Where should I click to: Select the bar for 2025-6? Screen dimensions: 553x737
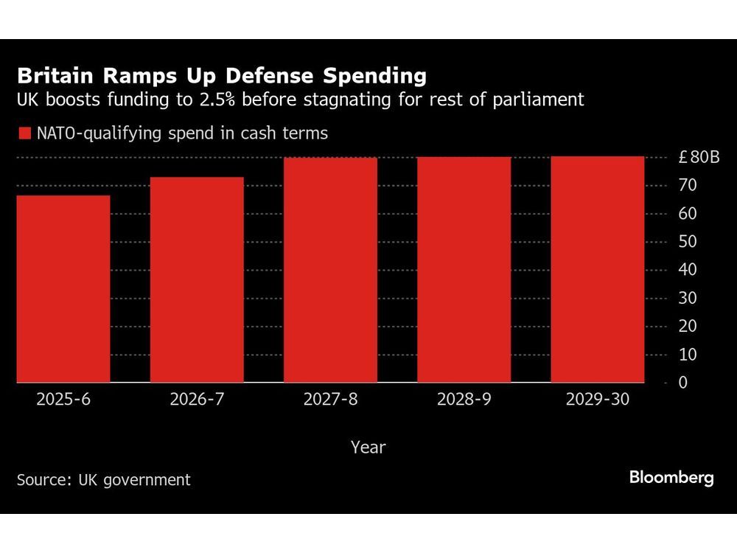point(63,288)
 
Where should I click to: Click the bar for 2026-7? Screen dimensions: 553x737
point(197,279)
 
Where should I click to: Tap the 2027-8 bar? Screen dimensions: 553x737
point(330,270)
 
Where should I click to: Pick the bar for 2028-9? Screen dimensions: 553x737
point(464,269)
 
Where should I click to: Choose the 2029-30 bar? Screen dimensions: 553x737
point(598,269)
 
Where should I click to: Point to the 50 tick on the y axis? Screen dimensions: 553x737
point(688,242)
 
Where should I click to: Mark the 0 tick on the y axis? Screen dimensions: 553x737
point(683,383)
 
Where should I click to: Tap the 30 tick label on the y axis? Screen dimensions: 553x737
point(688,298)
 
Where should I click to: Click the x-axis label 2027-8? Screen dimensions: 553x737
point(330,400)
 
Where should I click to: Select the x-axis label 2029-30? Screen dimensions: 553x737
point(598,400)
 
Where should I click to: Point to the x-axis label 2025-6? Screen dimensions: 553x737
point(63,400)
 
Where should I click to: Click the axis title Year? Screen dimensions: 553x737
point(368,447)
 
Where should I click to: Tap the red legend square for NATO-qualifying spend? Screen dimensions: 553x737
point(24,133)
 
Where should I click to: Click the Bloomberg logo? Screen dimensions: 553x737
point(671,478)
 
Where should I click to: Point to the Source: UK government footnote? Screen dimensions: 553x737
point(103,479)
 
